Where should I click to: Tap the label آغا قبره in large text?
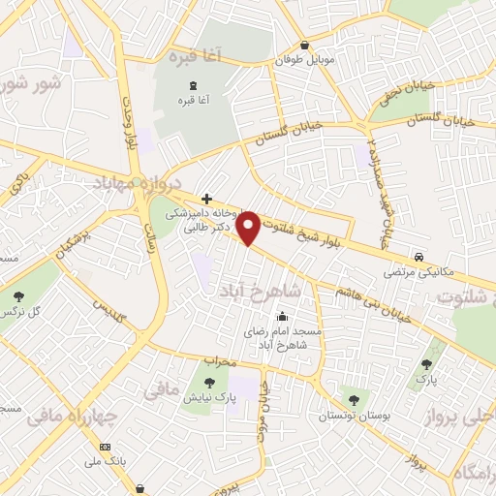tap(195, 56)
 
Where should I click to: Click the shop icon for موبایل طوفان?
tap(305, 45)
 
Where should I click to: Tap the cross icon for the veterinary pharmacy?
tap(206, 198)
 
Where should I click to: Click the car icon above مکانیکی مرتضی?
tap(418, 257)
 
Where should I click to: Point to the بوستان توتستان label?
tap(351, 416)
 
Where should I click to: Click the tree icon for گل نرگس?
tap(18, 295)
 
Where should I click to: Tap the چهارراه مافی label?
tap(72, 418)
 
